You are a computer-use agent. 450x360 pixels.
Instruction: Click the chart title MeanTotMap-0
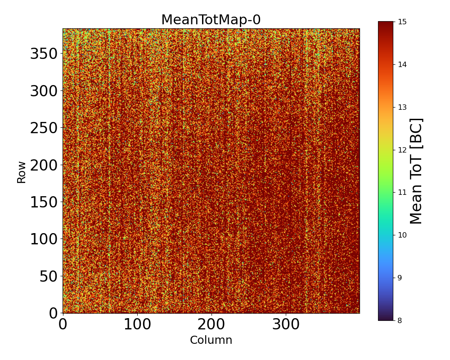point(211,20)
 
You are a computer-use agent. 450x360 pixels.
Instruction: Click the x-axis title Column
point(211,340)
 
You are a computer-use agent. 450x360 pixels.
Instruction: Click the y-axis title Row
point(22,171)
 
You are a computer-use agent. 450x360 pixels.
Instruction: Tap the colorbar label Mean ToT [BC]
point(416,171)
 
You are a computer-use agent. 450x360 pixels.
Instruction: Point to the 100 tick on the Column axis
point(137,325)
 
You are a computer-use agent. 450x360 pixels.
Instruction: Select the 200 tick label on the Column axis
point(211,325)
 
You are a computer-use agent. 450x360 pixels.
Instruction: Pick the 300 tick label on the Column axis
point(286,325)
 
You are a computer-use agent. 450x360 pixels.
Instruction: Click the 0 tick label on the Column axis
point(63,325)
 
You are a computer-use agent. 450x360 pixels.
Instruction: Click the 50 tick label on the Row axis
point(49,276)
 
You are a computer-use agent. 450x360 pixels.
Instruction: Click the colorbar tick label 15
point(402,22)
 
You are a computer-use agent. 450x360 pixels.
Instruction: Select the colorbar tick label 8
point(400,320)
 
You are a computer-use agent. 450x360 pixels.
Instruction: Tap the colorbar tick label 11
point(402,192)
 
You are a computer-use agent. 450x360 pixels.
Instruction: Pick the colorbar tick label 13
point(402,107)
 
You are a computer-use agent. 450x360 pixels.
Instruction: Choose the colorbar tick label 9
point(400,278)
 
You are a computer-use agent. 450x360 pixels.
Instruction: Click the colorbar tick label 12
point(402,150)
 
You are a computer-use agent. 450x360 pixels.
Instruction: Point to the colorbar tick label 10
point(402,235)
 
